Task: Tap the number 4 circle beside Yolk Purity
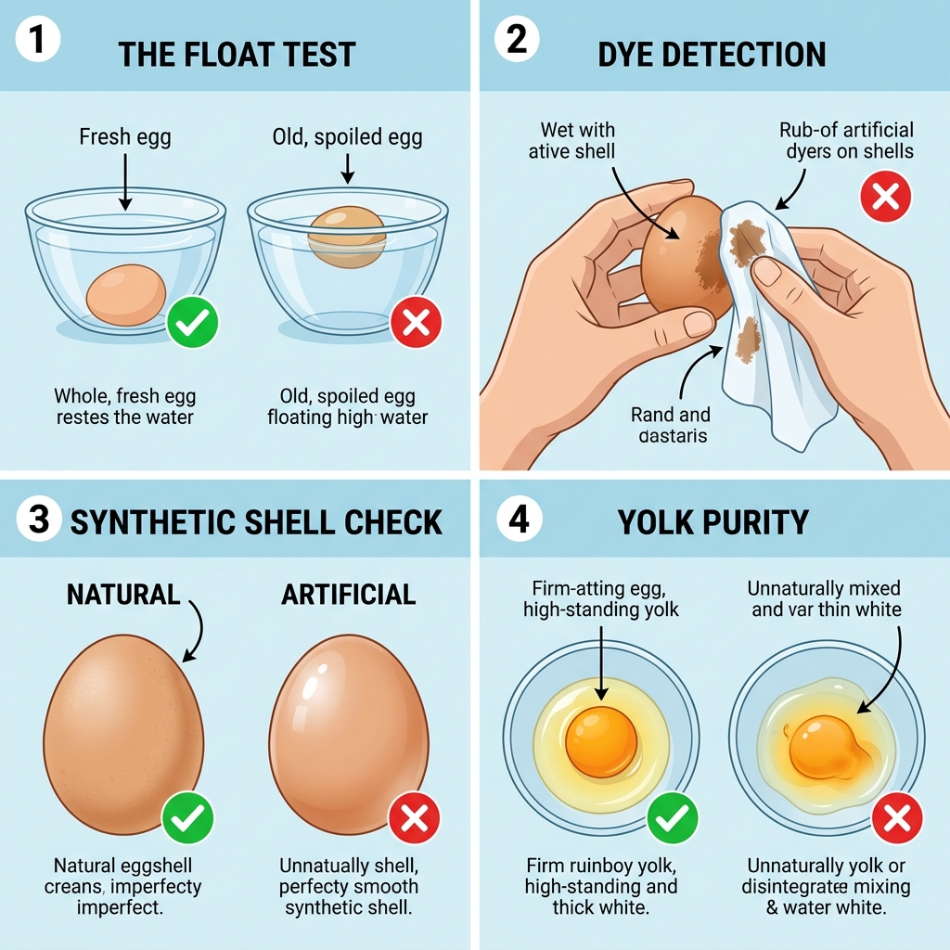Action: coord(519,520)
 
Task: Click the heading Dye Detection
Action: coord(712,54)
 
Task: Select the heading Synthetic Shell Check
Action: coord(256,521)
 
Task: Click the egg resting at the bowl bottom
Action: coord(126,294)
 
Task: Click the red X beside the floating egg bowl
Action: coord(416,322)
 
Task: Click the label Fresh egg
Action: coord(125,137)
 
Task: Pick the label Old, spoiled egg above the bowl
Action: coord(347,137)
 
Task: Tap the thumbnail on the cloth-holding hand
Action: coord(767,272)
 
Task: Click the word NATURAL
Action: coord(122,594)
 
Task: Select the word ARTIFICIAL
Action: coord(348,594)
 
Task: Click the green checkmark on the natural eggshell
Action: coord(187,817)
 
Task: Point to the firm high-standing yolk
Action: coord(601,741)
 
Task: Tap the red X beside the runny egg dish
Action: coord(897,817)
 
